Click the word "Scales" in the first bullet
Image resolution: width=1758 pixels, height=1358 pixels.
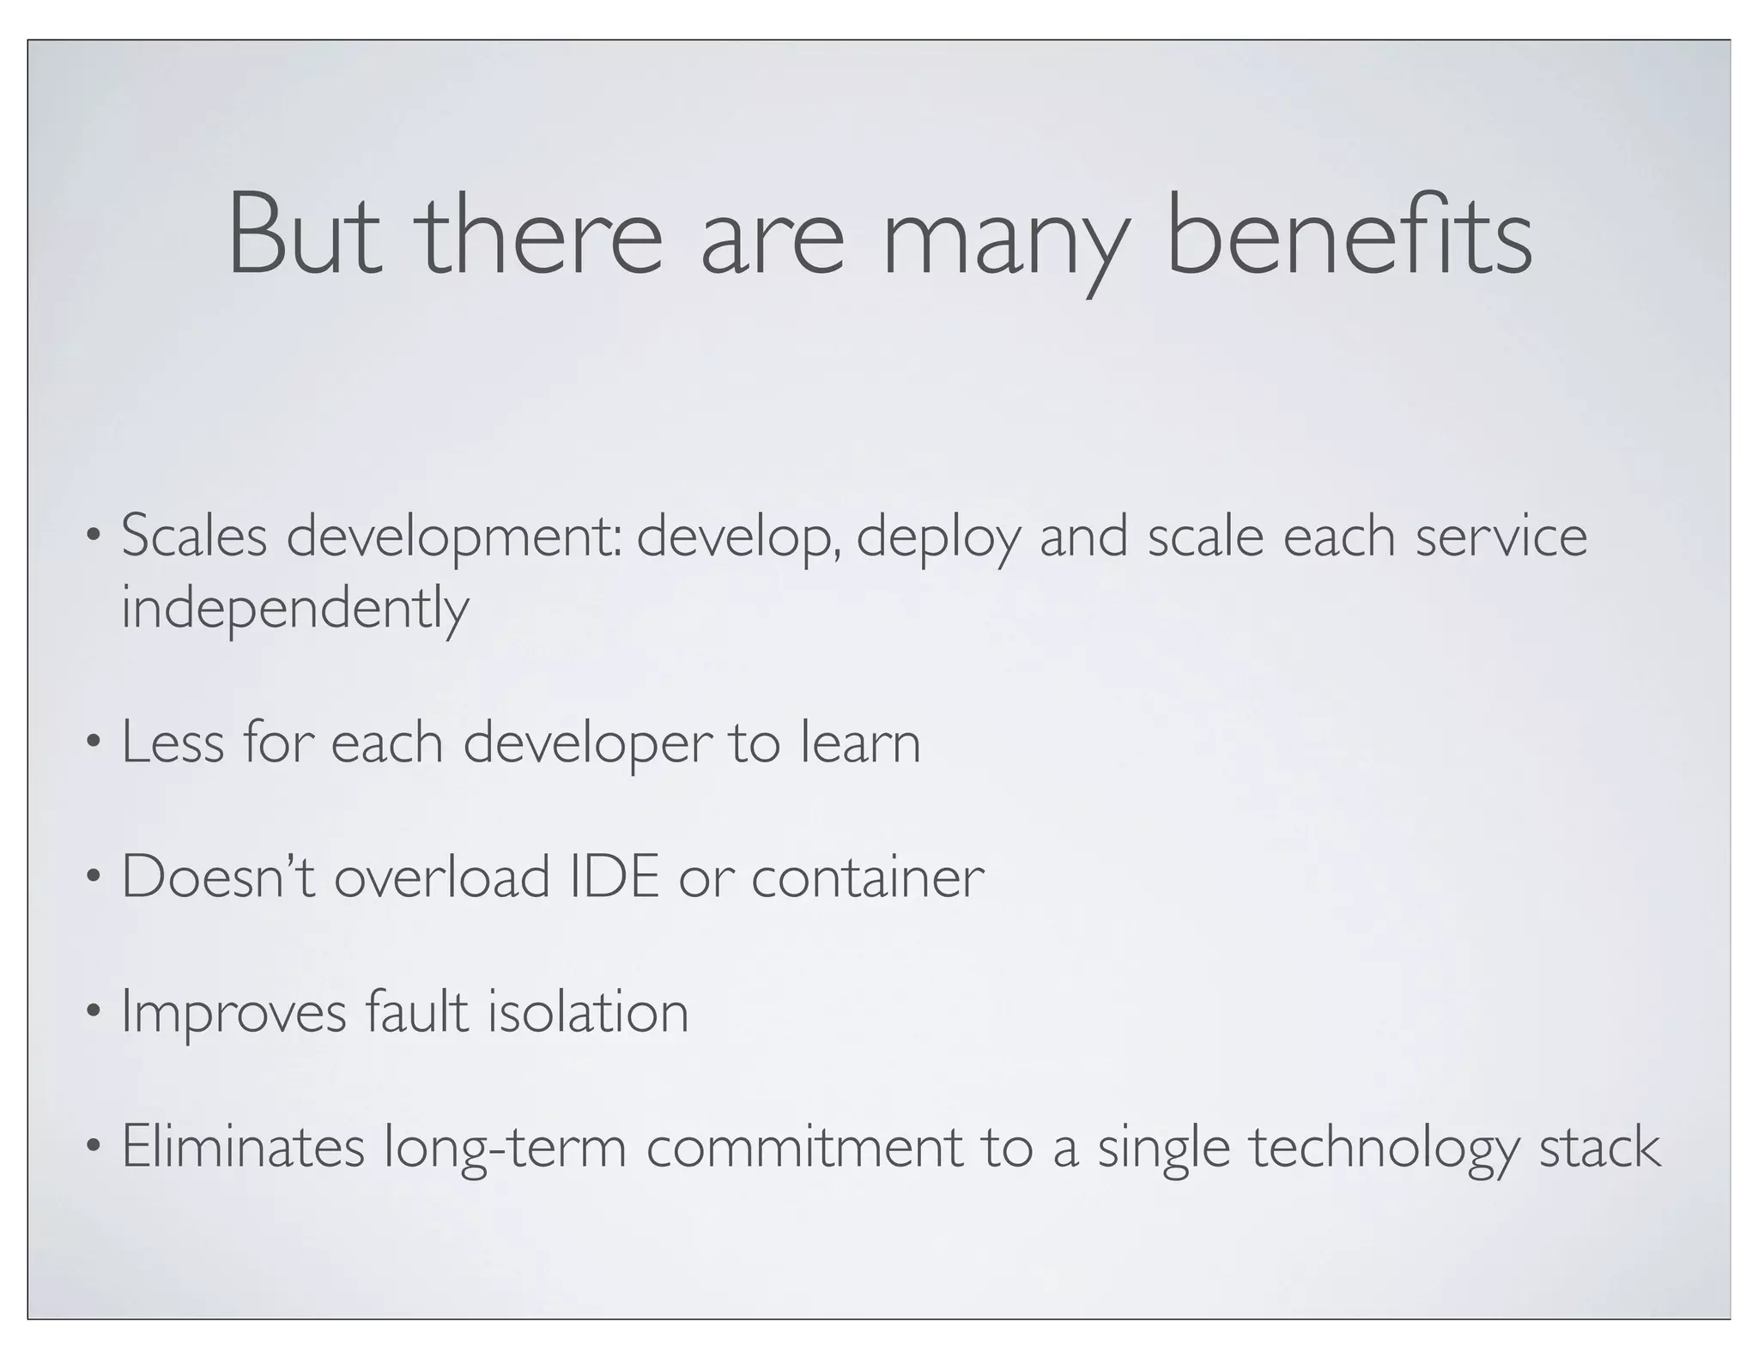click(x=195, y=537)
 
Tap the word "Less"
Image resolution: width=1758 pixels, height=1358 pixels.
click(x=172, y=743)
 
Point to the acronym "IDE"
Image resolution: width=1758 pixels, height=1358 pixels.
click(x=615, y=877)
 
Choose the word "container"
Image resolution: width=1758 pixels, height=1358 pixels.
click(x=868, y=877)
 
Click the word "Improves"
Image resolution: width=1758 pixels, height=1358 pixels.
click(x=234, y=1013)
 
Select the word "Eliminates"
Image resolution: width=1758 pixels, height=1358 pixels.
click(x=243, y=1147)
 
